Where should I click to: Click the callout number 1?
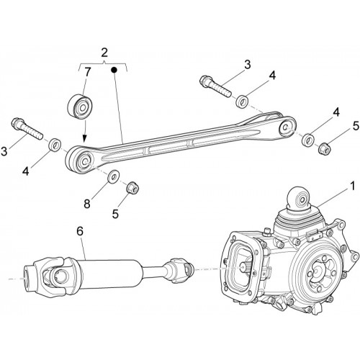pyautogui.click(x=352, y=186)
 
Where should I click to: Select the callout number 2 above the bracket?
pyautogui.click(x=104, y=53)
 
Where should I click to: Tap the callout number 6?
pyautogui.click(x=80, y=231)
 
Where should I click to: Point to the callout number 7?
pyautogui.click(x=88, y=72)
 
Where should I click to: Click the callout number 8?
pyautogui.click(x=87, y=204)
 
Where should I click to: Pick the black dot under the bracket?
pyautogui.click(x=114, y=70)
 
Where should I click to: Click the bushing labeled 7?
pyautogui.click(x=80, y=107)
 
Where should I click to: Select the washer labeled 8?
pyautogui.click(x=113, y=176)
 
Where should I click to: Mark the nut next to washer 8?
pyautogui.click(x=132, y=188)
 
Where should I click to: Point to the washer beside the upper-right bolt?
pyautogui.click(x=242, y=102)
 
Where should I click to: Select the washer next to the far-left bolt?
pyautogui.click(x=55, y=145)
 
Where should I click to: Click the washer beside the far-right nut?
pyautogui.click(x=308, y=140)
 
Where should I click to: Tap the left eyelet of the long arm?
pyautogui.click(x=80, y=159)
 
